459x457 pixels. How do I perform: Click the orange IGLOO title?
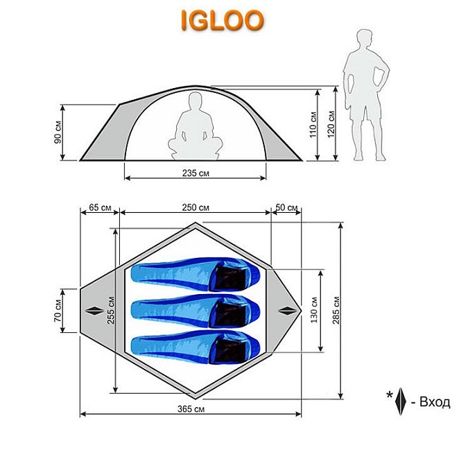(x=223, y=20)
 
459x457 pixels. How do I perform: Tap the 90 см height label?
(x=58, y=132)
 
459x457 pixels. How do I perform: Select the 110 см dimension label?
(x=313, y=124)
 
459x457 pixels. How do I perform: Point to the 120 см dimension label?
(x=331, y=124)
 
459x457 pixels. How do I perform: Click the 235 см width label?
(x=196, y=173)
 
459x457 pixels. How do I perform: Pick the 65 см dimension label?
(x=100, y=207)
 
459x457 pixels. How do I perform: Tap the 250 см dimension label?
(x=196, y=207)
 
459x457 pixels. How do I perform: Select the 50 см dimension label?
(x=286, y=207)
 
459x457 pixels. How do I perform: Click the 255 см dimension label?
(x=111, y=310)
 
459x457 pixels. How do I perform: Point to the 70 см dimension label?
(x=58, y=311)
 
